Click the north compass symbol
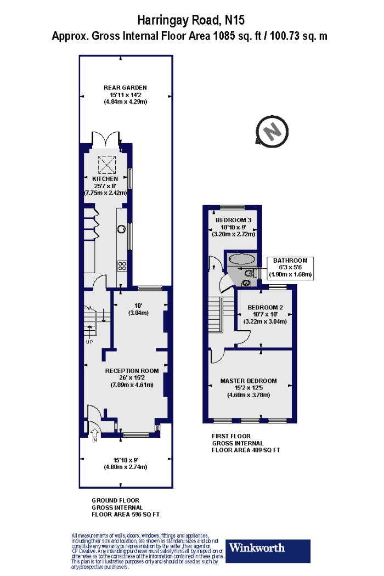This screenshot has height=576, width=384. pos(272,132)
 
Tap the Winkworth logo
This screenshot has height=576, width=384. pos(268,551)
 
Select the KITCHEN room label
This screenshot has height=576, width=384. pos(105,179)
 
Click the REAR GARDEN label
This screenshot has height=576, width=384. pos(125,88)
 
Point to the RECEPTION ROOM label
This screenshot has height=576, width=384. pos(132,371)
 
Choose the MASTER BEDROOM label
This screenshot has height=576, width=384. pos(249,381)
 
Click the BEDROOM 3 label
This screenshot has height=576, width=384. pos(233,220)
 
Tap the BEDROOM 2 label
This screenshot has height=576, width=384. pos(265,307)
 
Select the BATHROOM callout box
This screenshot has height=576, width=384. pos(290,268)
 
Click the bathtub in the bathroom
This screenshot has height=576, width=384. pos(241,259)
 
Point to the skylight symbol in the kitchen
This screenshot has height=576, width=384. pos(107,165)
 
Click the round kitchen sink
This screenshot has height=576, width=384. pos(121,229)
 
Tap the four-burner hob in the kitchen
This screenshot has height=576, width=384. pos(122,266)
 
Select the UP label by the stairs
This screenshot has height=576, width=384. pos(89,342)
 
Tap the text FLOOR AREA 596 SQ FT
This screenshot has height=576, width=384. pos(126,515)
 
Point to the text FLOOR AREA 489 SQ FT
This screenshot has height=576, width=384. pos(246,450)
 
